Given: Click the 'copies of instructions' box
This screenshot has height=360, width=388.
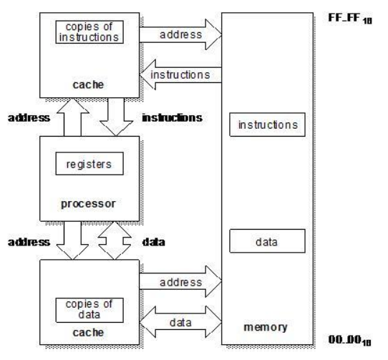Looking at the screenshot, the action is click(89, 32).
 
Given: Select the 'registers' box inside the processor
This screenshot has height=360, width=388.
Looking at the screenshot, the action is click(89, 164).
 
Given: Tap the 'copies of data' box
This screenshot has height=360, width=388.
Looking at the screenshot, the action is click(89, 311).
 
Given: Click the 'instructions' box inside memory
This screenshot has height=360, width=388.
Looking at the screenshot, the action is click(267, 125).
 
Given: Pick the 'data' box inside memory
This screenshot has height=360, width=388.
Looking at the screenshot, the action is click(267, 241).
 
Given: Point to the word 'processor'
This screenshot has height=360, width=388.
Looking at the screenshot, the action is click(88, 204).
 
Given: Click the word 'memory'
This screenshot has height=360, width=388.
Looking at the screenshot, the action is click(266, 327).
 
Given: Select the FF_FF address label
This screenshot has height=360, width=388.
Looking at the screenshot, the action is click(350, 19).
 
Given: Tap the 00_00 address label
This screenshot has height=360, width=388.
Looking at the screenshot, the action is click(349, 340).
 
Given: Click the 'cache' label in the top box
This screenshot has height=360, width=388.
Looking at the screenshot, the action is click(88, 85).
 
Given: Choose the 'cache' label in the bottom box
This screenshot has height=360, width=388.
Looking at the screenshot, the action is click(88, 333).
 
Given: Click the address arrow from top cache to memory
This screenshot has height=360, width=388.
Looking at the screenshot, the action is click(180, 34).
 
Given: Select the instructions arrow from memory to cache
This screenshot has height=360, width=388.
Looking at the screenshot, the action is click(180, 74).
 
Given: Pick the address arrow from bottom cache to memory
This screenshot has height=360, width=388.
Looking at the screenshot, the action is click(180, 281).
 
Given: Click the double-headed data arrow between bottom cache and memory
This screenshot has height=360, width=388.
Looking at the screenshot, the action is click(180, 322).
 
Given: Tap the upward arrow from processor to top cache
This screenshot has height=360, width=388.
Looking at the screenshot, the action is click(73, 117).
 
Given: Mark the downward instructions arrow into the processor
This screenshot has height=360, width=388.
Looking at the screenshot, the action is click(116, 117).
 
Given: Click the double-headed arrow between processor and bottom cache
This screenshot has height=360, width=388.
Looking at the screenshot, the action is click(115, 240).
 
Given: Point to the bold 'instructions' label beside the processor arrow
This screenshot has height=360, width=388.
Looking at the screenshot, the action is click(173, 118).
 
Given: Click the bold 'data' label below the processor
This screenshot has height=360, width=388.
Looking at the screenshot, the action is click(154, 242).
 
